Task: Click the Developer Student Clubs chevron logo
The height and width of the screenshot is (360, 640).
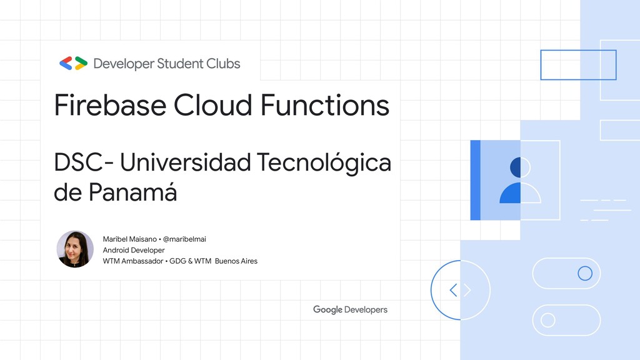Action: coord(73,63)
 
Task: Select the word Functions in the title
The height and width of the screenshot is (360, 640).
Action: coord(325,105)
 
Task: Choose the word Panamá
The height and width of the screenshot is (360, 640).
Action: coord(132,192)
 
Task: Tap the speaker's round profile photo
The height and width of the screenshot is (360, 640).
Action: coord(75,249)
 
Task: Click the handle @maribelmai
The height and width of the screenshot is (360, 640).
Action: coord(184,239)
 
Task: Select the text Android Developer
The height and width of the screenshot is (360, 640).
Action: coord(134,250)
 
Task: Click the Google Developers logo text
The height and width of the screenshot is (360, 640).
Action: coord(350,309)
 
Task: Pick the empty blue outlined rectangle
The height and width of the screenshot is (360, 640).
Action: coord(578,65)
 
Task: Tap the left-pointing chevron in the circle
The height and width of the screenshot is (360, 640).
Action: coord(453,290)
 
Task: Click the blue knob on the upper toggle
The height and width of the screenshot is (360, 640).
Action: coord(585,273)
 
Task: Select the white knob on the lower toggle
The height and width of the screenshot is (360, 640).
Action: coord(548,320)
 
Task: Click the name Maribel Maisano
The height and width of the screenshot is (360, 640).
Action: coord(130,239)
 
